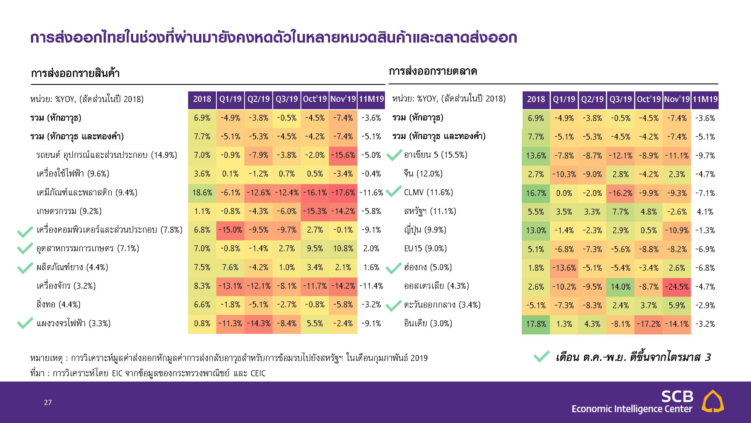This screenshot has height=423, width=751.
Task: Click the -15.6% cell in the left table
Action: pos(343,155)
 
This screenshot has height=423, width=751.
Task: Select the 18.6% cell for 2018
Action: pos(202,193)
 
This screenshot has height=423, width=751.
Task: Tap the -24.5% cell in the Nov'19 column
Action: pos(677,287)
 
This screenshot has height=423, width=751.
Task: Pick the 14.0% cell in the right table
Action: pos(621,287)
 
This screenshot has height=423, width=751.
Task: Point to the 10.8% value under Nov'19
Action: pos(343,249)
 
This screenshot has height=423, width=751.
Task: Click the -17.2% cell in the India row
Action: pos(649,324)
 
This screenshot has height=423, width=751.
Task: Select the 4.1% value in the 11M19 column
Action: pos(705,212)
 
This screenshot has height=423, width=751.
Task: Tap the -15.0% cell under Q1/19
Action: pos(230,230)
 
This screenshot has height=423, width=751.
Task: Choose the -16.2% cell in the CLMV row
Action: pos(621,193)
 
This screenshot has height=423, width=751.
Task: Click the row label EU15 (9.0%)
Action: pos(425,248)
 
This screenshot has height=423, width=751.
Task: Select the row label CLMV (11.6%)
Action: pos(428,192)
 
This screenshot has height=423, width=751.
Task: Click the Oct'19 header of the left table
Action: pos(315,99)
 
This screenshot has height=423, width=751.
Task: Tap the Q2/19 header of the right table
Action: pos(592,99)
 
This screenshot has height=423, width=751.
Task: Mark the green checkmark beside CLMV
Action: pos(394,191)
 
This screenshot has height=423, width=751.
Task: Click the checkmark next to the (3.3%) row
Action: pos(25,323)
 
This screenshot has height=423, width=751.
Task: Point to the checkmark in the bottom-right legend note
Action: pos(541,356)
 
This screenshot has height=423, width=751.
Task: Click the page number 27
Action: pos(48,403)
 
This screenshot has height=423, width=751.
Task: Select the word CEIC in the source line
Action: pos(258,373)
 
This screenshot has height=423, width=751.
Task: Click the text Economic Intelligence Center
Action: pos(632,409)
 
